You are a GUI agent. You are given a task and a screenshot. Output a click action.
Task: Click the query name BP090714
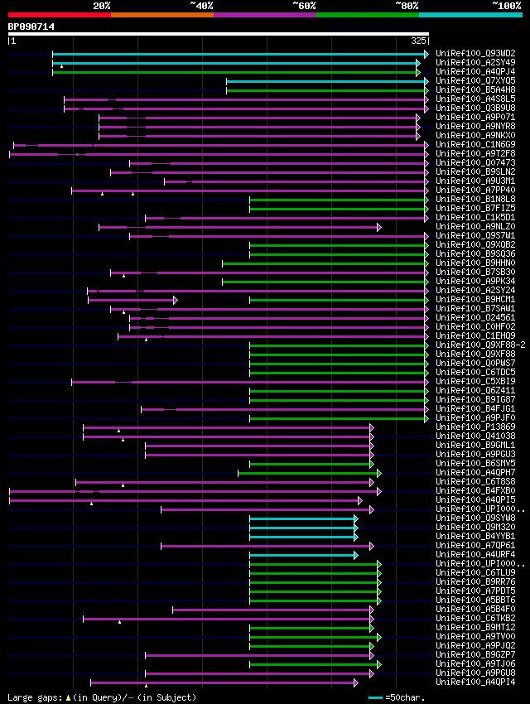[x=31, y=27]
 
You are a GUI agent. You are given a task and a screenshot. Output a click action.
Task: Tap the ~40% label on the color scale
[x=201, y=5]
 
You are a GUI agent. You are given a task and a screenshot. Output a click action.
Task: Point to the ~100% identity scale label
[x=506, y=5]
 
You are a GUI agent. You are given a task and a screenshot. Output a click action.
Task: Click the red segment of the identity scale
[x=59, y=15]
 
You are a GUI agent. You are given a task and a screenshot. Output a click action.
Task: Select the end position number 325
[x=418, y=41]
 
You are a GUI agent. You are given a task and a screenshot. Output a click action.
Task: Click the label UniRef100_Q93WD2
[x=475, y=54]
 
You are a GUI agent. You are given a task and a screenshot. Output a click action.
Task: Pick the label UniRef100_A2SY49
[x=475, y=63]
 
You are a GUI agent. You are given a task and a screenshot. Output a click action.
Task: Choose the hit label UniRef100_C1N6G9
[x=475, y=145]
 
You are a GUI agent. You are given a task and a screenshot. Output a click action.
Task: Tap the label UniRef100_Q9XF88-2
[x=480, y=345]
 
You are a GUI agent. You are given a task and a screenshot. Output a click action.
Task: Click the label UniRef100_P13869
[x=475, y=427]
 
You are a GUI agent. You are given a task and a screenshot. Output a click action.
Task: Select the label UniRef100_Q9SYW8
[x=475, y=518]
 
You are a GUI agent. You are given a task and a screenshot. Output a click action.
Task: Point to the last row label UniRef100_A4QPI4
[x=475, y=682]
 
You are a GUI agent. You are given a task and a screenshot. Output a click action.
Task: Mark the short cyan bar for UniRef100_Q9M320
[x=302, y=528]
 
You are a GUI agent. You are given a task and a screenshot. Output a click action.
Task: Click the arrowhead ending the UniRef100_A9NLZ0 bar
[x=379, y=227]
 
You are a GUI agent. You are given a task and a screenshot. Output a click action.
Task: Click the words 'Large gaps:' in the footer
[x=33, y=697]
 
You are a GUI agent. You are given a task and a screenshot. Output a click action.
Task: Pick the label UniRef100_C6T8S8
[x=475, y=482]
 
